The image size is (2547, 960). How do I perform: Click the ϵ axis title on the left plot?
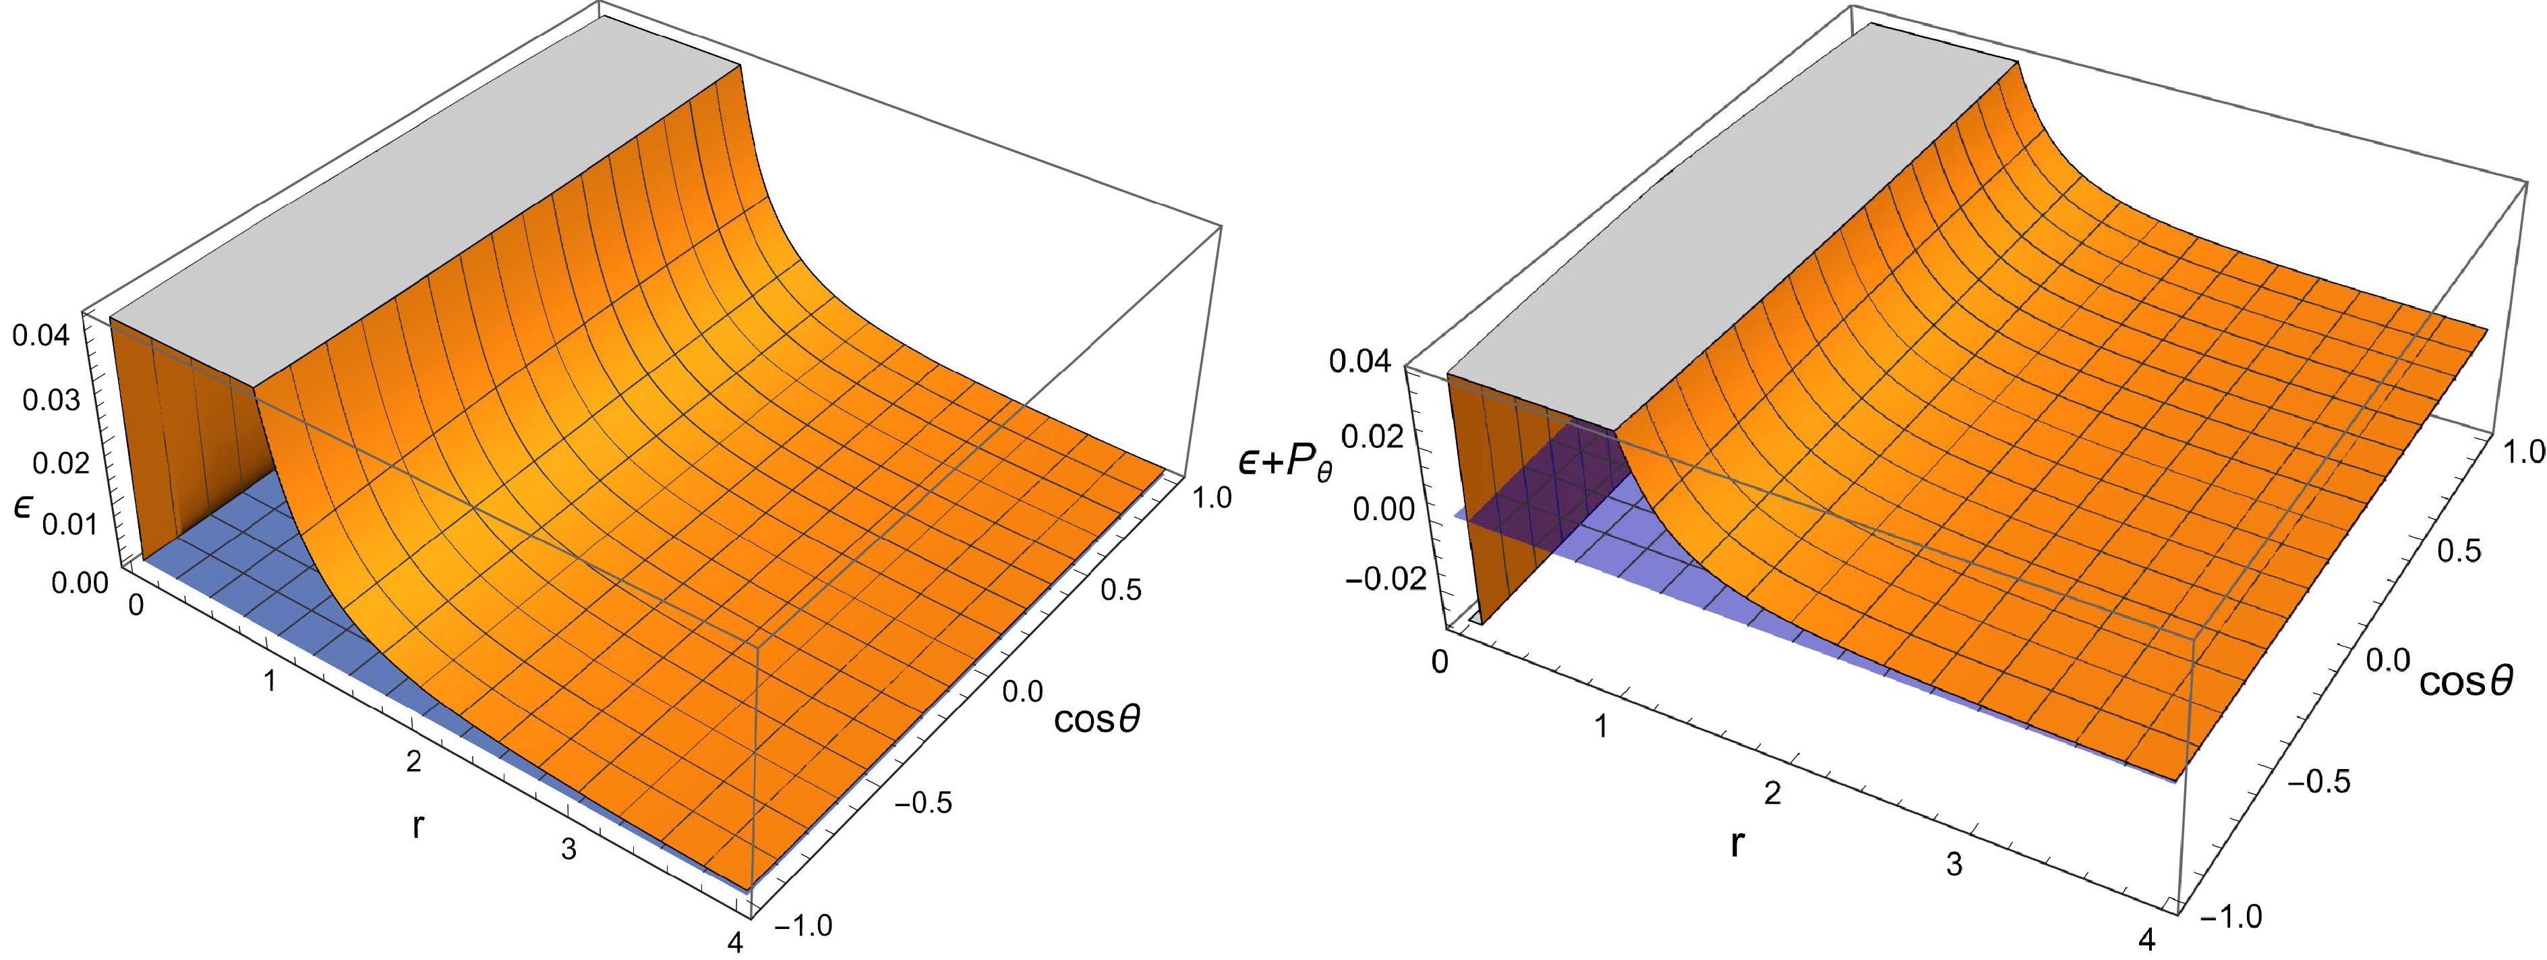[22, 506]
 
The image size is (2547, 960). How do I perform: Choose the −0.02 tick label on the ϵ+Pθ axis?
[1385, 577]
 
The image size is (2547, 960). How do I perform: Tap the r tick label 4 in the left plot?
[734, 942]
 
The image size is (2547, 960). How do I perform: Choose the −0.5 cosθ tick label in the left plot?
[923, 802]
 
